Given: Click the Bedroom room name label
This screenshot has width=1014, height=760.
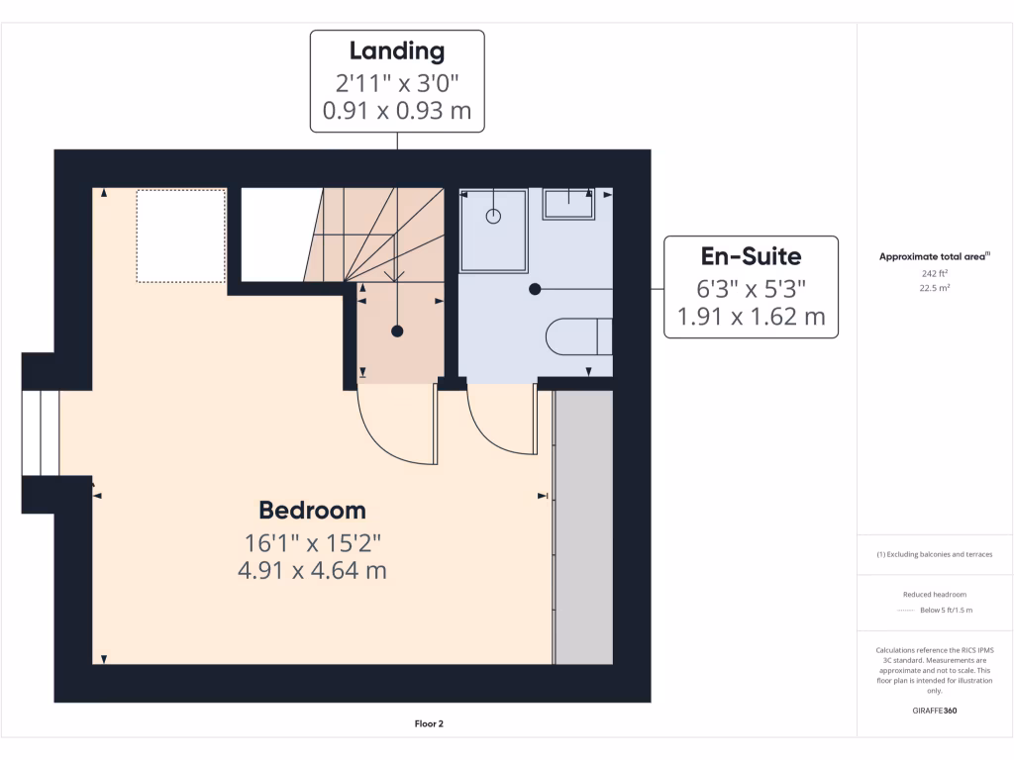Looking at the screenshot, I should (x=312, y=511).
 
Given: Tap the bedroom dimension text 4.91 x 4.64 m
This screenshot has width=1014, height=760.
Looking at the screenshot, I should (x=312, y=571).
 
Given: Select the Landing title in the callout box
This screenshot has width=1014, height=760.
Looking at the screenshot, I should (x=397, y=51).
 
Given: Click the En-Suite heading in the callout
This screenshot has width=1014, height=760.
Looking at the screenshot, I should (x=751, y=256).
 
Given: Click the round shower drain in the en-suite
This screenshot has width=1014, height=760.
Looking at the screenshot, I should (x=492, y=216).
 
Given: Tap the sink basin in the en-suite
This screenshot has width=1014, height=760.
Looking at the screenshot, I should (x=568, y=204).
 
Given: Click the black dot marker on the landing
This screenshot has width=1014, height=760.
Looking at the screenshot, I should (x=397, y=332).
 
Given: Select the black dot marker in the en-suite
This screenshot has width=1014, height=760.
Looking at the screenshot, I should (x=535, y=289).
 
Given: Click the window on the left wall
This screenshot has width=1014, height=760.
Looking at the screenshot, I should (x=41, y=432).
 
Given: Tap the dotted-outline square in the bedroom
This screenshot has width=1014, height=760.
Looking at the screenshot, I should (x=180, y=236).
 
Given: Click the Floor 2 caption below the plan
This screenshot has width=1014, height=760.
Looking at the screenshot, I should (x=429, y=724).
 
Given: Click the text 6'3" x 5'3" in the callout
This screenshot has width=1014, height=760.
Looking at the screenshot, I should (x=751, y=289).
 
